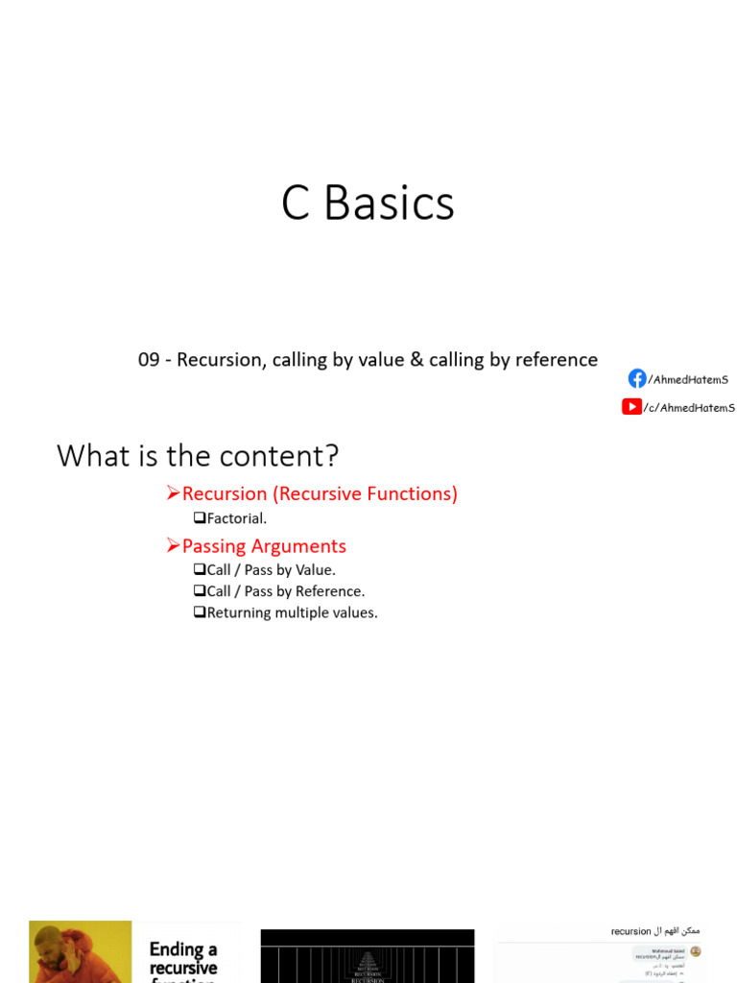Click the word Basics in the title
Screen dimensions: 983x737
[389, 204]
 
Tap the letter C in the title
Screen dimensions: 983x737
[296, 204]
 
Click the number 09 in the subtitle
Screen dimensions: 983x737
[149, 360]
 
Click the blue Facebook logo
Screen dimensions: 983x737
[637, 378]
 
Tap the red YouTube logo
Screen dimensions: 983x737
[631, 406]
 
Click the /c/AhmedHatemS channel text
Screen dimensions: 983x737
[689, 407]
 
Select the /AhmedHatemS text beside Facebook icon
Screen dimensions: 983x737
[688, 379]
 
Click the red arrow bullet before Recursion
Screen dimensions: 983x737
[173, 493]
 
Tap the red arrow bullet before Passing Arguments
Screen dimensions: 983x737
[173, 546]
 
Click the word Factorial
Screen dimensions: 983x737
[236, 518]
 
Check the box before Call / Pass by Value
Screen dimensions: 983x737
[200, 569]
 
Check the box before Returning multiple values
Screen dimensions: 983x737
[200, 612]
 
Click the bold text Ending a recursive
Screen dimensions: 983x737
[183, 958]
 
